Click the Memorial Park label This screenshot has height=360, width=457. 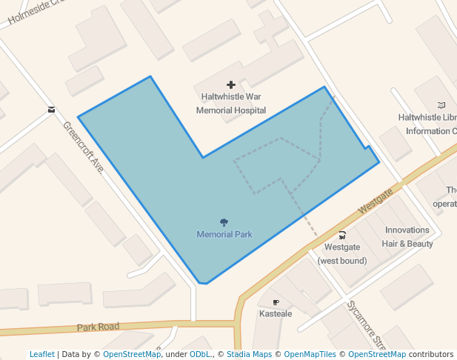pyautogui.click(x=224, y=235)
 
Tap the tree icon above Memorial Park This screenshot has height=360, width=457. pyautogui.click(x=224, y=222)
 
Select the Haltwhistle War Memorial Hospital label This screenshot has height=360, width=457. pyautogui.click(x=231, y=104)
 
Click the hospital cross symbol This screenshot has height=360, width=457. pyautogui.click(x=231, y=86)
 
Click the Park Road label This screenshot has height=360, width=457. pyautogui.click(x=98, y=327)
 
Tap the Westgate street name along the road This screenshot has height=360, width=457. pyautogui.click(x=376, y=201)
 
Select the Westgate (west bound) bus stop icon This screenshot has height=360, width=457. pyautogui.click(x=342, y=235)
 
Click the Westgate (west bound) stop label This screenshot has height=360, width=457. pyautogui.click(x=342, y=254)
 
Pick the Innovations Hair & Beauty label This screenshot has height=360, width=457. pyautogui.click(x=407, y=237)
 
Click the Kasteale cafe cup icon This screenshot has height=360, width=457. pyautogui.click(x=276, y=302)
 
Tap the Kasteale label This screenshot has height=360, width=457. pyautogui.click(x=276, y=314)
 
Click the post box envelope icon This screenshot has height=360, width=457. pyautogui.click(x=51, y=110)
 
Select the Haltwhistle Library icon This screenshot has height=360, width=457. pyautogui.click(x=442, y=105)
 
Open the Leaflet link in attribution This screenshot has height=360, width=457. pyautogui.click(x=41, y=355)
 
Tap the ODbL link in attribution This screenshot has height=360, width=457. pyautogui.click(x=200, y=355)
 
